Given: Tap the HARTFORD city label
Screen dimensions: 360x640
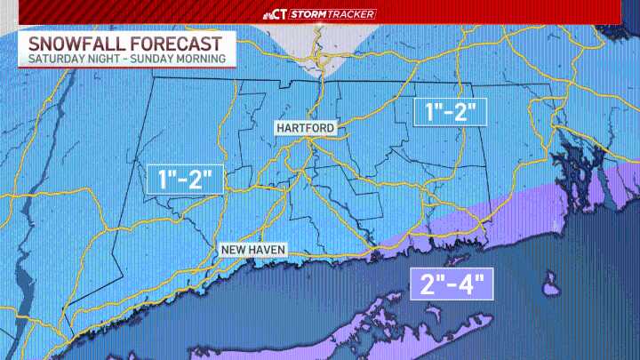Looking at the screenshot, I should click(x=305, y=128).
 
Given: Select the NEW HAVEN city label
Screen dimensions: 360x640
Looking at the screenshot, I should click(x=253, y=250).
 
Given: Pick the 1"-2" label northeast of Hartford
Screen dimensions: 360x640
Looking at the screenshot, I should click(x=451, y=113).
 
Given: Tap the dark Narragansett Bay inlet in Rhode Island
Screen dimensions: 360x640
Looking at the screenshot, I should click(x=569, y=169).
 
